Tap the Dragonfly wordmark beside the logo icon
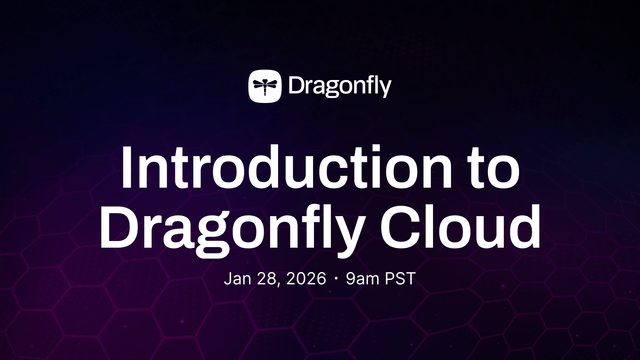(339, 86)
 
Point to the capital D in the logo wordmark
(296, 85)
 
